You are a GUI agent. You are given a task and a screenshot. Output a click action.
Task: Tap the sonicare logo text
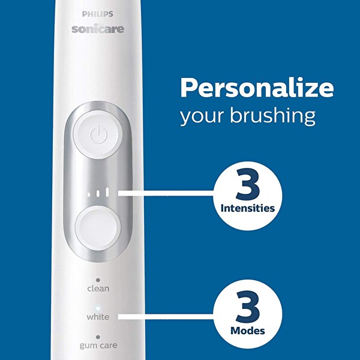(x=98, y=29)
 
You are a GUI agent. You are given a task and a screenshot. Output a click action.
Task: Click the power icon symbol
(x=98, y=134)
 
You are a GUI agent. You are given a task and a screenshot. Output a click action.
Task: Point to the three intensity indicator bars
(x=98, y=193)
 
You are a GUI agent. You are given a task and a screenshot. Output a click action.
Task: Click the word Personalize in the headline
(x=257, y=88)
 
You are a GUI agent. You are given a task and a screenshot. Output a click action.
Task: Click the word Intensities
(x=247, y=209)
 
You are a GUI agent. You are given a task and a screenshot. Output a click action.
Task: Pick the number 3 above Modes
(x=247, y=308)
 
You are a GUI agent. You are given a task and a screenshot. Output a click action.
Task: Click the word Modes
(x=247, y=331)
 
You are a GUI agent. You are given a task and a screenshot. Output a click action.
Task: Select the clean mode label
(x=98, y=288)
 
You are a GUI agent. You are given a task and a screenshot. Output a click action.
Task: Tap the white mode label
(x=98, y=316)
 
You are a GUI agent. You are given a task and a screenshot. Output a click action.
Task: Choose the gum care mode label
(x=98, y=346)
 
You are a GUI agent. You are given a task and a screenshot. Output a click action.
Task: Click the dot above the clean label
(x=98, y=280)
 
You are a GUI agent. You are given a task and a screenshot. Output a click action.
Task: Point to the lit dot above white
(x=98, y=308)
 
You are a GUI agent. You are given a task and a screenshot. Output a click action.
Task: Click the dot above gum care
(x=98, y=337)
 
